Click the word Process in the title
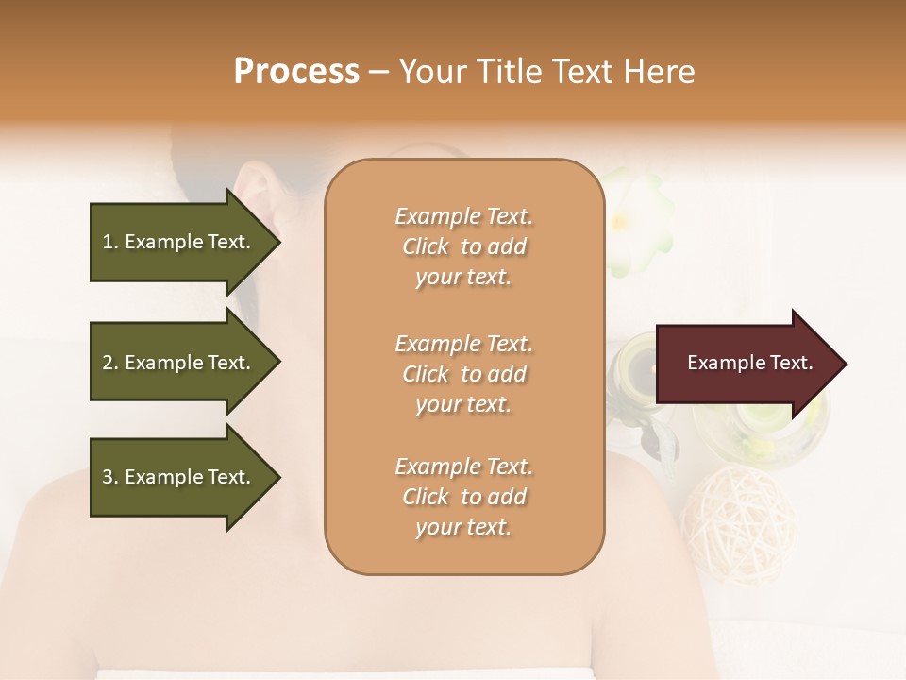point(296,72)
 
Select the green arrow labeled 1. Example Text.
point(179,242)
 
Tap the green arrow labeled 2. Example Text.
point(179,363)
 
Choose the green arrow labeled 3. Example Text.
point(179,477)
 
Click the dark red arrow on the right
point(746,363)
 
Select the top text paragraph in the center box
point(463,246)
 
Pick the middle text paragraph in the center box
point(463,374)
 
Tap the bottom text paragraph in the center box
point(463,497)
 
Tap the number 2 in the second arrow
point(107,363)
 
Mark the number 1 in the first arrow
point(107,242)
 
